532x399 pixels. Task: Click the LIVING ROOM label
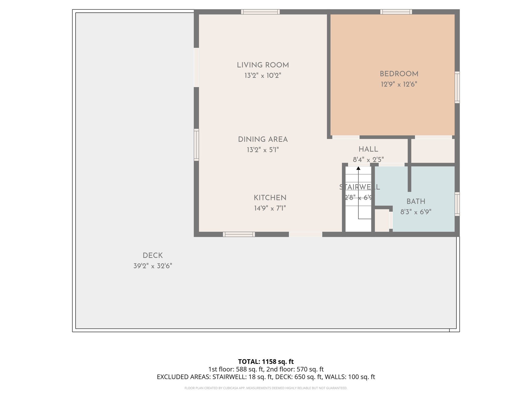coord(263,65)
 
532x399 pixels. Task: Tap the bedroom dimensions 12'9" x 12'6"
coord(399,84)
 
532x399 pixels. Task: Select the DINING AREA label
coord(263,139)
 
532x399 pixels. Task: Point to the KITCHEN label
coord(270,198)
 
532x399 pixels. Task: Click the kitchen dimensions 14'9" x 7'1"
coord(270,208)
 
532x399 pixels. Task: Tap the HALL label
coord(368,149)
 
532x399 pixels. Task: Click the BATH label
coord(416,202)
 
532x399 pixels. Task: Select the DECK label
coord(153,256)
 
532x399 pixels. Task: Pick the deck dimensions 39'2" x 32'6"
coord(153,266)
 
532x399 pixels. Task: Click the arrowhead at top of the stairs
coord(358,168)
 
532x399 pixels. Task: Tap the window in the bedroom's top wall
coord(396,12)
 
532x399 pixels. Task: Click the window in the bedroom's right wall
coord(457,87)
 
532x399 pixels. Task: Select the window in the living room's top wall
coord(260,12)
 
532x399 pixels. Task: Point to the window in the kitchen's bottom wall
coord(239,234)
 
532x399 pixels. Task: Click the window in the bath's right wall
coord(457,204)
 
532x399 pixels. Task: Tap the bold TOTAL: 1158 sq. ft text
coord(266,362)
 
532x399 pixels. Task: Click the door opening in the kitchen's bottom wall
coord(305,234)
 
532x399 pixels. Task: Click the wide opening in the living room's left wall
coord(196,67)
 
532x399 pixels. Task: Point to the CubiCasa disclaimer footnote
coord(266,388)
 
